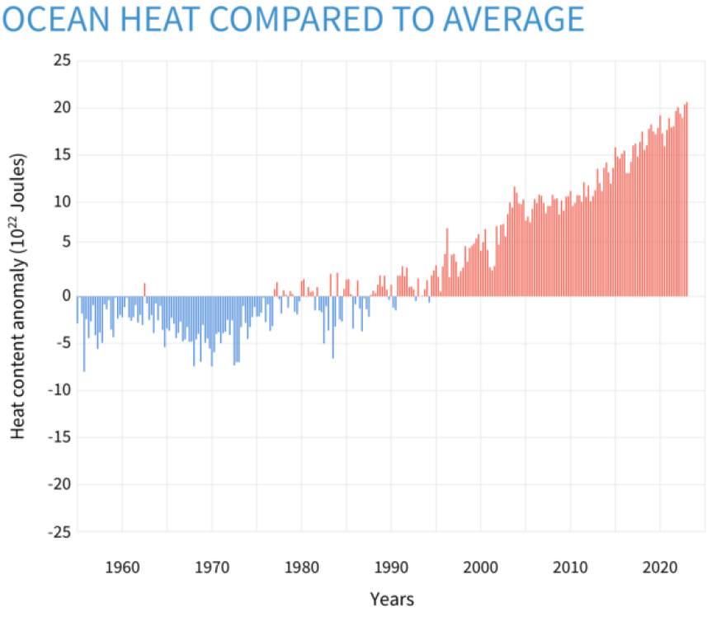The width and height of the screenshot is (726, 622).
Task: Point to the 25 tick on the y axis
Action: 62,61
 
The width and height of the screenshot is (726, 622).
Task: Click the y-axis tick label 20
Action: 62,108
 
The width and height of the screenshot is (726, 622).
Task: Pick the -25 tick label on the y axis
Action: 59,532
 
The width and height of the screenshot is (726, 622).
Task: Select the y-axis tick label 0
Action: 66,296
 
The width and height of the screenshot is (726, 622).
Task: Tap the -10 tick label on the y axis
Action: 59,390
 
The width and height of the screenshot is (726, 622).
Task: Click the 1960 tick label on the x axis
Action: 121,568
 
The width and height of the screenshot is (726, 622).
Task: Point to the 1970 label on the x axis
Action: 211,568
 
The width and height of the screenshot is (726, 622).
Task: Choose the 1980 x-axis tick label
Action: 301,568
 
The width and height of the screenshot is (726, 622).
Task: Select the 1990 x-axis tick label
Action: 391,568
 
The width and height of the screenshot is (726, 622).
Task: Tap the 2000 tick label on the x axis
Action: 481,568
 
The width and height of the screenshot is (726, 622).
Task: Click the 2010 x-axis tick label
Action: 570,568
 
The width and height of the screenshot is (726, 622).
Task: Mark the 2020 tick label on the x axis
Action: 660,568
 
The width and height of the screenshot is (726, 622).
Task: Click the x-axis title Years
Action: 391,600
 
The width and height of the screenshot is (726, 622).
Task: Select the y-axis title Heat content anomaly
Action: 20,297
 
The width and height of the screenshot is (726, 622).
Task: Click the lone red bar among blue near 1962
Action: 144,290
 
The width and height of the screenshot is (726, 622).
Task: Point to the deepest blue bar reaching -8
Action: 84,334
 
